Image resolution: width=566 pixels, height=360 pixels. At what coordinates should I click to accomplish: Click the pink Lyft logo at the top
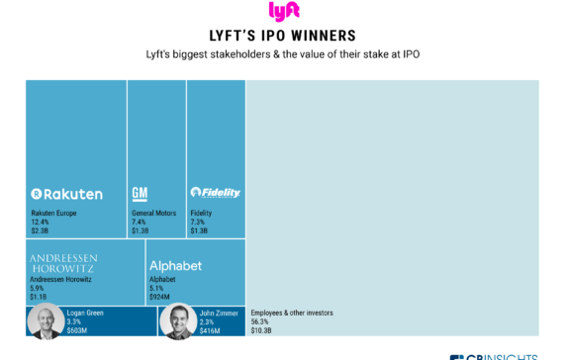tap(282, 12)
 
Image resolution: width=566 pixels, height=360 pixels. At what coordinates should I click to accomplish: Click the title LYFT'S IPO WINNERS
tap(282, 35)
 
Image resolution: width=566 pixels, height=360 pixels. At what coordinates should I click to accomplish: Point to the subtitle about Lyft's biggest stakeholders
tap(282, 55)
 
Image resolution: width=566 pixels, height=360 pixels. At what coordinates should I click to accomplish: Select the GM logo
tap(140, 192)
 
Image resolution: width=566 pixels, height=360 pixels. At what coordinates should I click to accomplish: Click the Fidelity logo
tap(215, 192)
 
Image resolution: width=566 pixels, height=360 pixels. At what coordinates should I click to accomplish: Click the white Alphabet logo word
tap(175, 266)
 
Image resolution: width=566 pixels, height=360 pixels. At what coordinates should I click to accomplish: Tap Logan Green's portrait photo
tap(44, 321)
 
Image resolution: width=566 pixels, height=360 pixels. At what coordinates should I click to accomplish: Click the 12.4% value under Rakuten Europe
tap(40, 222)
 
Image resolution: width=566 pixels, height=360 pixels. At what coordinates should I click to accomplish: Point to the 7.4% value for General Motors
tap(139, 222)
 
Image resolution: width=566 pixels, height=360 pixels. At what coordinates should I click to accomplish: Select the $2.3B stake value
tap(40, 230)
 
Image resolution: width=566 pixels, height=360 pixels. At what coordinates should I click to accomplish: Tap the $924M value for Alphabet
tap(159, 295)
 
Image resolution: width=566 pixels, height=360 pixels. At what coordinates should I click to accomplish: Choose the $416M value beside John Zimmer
tap(210, 330)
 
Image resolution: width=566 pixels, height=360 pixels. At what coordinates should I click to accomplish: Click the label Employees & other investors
tap(292, 313)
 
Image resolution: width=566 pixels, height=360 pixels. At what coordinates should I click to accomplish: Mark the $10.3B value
tap(261, 330)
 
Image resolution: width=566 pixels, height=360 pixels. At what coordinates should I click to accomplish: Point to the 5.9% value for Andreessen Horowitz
tap(38, 287)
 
